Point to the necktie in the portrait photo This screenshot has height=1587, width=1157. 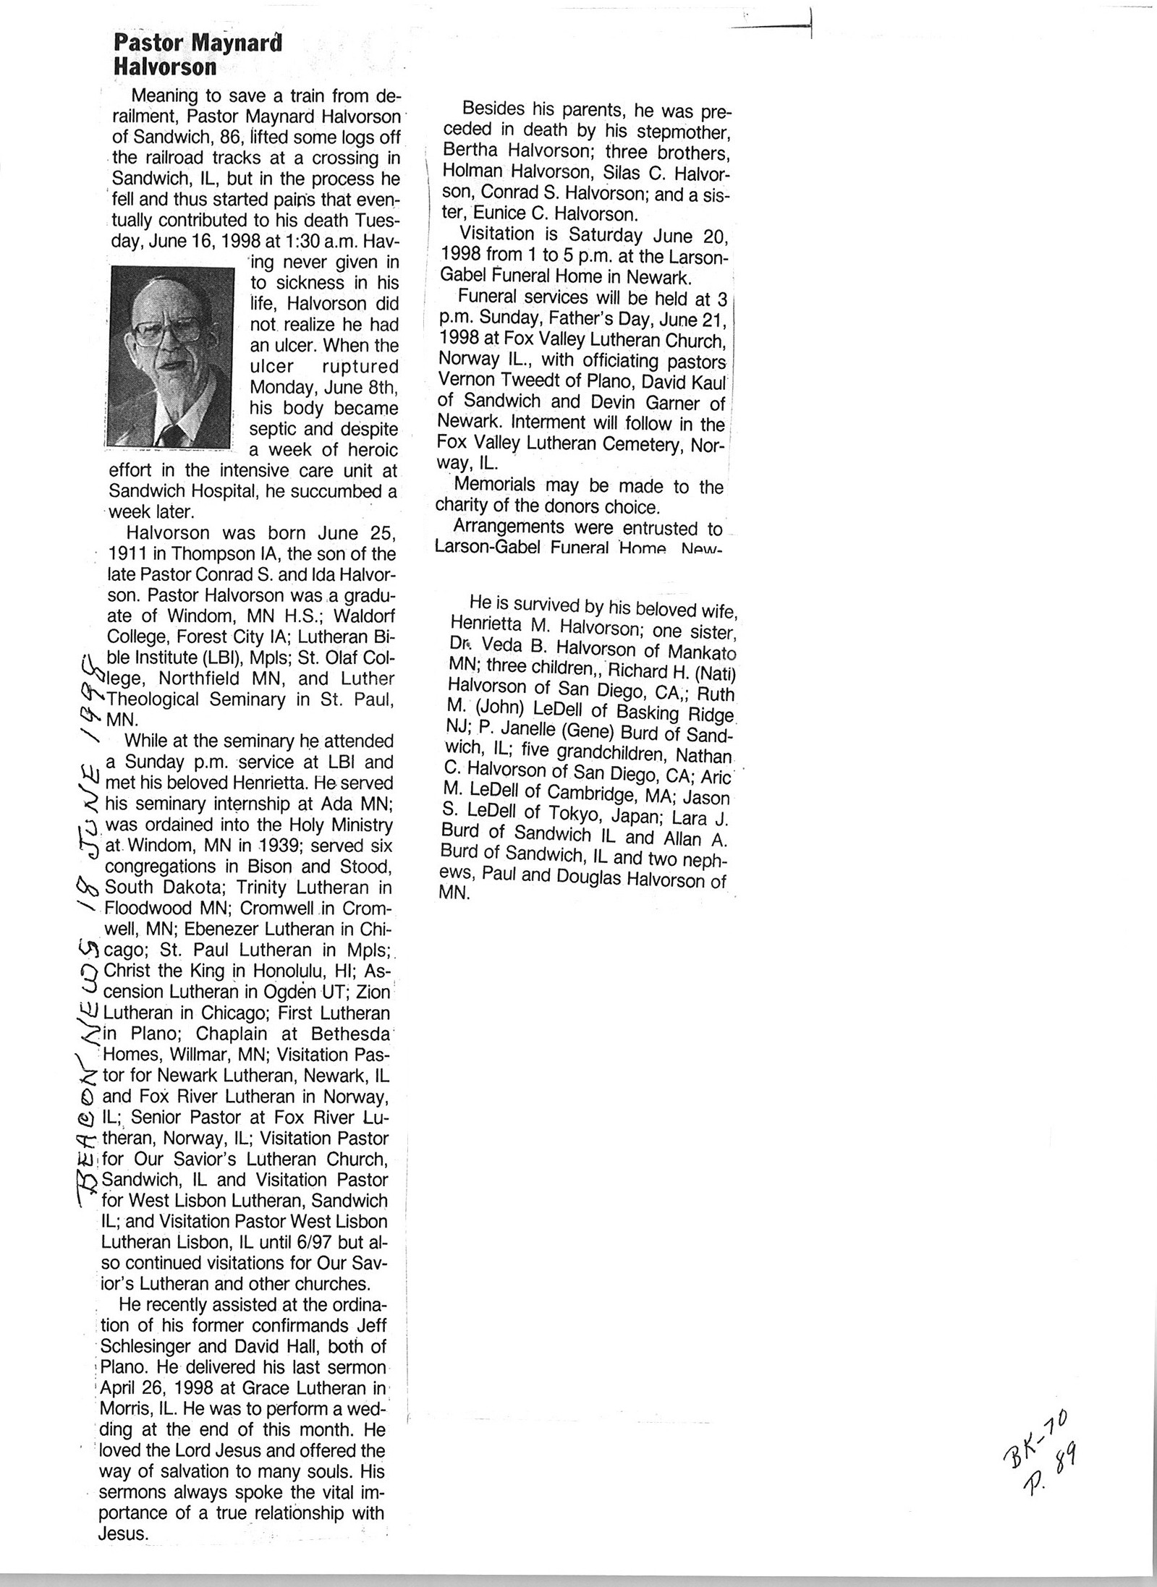(x=171, y=433)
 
